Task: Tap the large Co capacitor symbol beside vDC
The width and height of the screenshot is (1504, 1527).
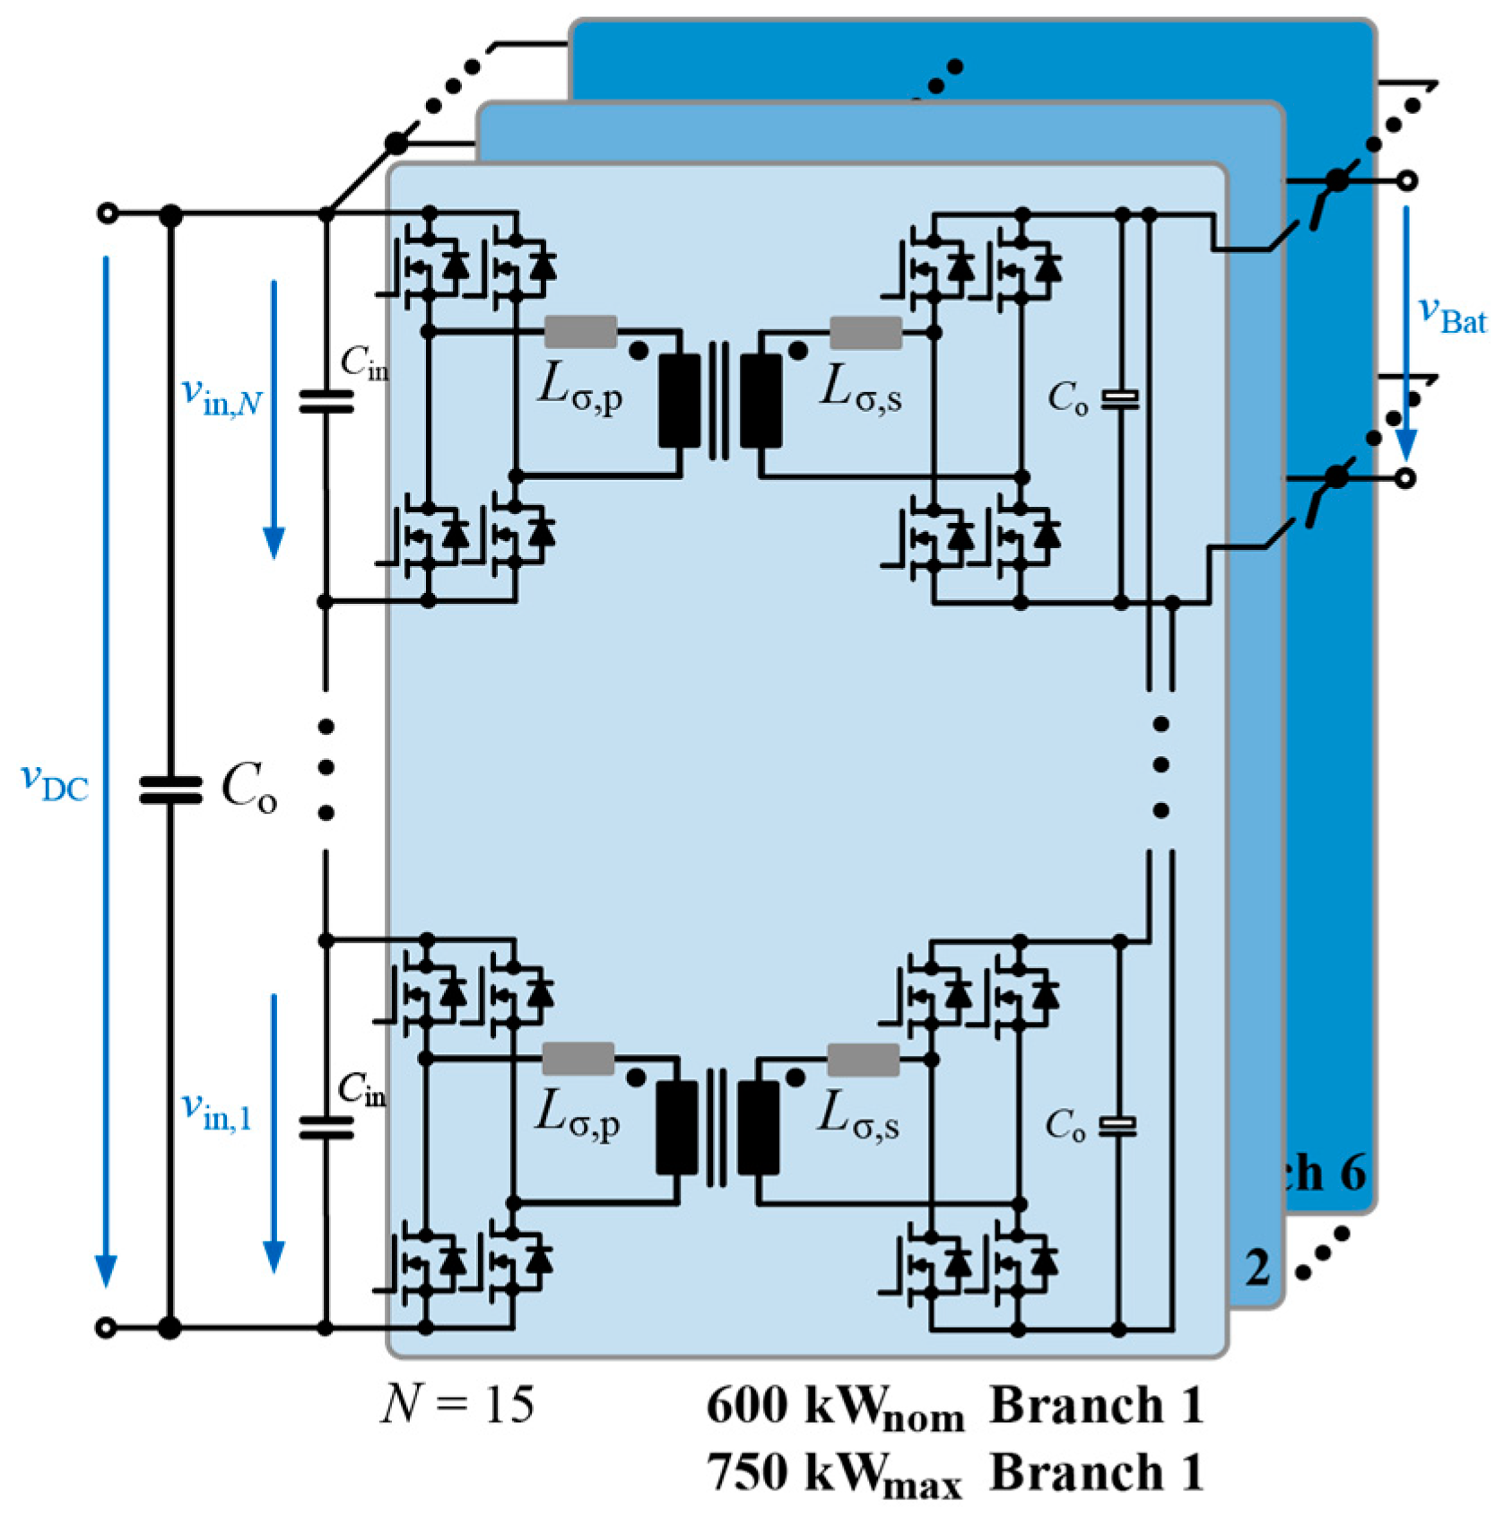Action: (x=170, y=790)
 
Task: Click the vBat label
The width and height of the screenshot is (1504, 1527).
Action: (x=1451, y=314)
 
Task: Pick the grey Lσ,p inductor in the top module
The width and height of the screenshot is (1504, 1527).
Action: (x=580, y=332)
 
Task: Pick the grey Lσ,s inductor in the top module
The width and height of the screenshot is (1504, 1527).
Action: (x=865, y=332)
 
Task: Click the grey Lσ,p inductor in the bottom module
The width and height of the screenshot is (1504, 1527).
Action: (x=578, y=1059)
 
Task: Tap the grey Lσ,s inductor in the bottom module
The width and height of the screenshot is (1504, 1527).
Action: (x=862, y=1059)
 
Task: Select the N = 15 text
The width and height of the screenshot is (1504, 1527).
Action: (x=457, y=1404)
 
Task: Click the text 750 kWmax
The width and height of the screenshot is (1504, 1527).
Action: (x=834, y=1474)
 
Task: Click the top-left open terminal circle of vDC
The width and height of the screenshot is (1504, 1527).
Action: (x=107, y=214)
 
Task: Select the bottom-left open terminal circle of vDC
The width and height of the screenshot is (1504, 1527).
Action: (x=106, y=1327)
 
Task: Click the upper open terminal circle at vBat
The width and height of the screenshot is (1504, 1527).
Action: (x=1407, y=180)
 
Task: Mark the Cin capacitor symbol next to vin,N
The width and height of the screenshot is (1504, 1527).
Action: (x=326, y=402)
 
